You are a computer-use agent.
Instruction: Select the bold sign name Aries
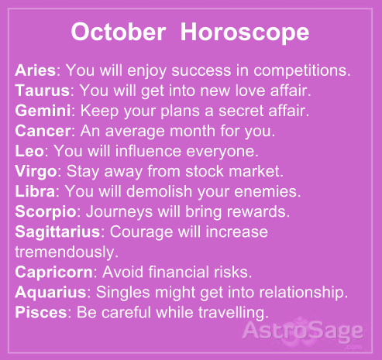pos(34,70)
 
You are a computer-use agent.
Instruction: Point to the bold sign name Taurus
pos(40,89)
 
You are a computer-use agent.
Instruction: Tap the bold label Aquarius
pos(48,293)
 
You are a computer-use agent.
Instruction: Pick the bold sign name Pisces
pos(39,312)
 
